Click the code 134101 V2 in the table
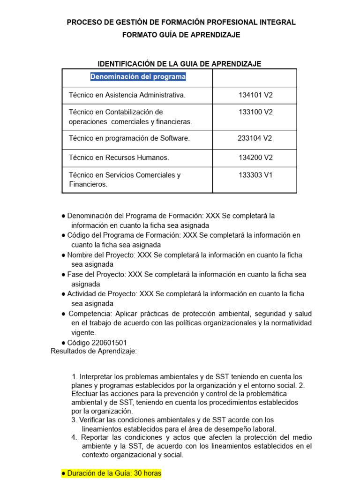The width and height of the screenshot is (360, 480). pyautogui.click(x=255, y=95)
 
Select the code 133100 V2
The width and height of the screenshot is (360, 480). pyautogui.click(x=255, y=112)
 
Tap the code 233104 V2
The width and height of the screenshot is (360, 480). pyautogui.click(x=255, y=138)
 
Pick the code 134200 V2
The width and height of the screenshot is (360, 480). pyautogui.click(x=255, y=157)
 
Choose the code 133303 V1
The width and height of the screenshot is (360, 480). pyautogui.click(x=255, y=175)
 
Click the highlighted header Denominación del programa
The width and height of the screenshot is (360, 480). pyautogui.click(x=138, y=76)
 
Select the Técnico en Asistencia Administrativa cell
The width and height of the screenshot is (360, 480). pyautogui.click(x=127, y=95)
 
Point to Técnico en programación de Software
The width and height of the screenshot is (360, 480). pyautogui.click(x=129, y=138)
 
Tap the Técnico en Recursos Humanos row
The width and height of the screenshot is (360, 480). pyautogui.click(x=119, y=157)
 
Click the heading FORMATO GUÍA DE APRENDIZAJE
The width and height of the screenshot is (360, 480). pyautogui.click(x=181, y=35)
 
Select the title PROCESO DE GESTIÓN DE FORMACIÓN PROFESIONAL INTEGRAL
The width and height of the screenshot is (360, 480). pyautogui.click(x=181, y=22)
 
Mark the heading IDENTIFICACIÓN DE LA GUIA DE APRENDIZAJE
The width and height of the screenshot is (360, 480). pyautogui.click(x=179, y=64)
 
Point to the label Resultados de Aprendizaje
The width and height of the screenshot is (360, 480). pyautogui.click(x=94, y=352)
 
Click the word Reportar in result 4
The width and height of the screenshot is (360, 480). pyautogui.click(x=94, y=437)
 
